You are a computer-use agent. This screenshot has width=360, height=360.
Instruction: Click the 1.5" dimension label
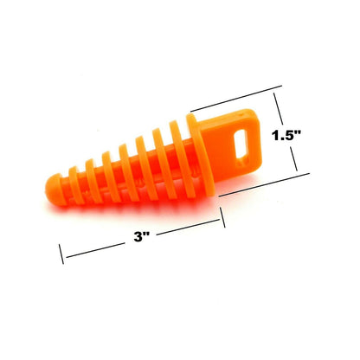point(286,135)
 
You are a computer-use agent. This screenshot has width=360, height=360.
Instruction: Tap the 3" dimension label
point(141,237)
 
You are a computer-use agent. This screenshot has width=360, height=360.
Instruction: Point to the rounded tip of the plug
point(54,190)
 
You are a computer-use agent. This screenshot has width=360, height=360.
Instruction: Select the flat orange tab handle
point(231,145)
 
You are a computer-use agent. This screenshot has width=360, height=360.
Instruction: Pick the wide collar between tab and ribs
point(200,155)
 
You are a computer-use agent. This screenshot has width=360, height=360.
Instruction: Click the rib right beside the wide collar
point(182,159)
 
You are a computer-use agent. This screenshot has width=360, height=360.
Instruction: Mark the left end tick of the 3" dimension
point(61,254)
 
